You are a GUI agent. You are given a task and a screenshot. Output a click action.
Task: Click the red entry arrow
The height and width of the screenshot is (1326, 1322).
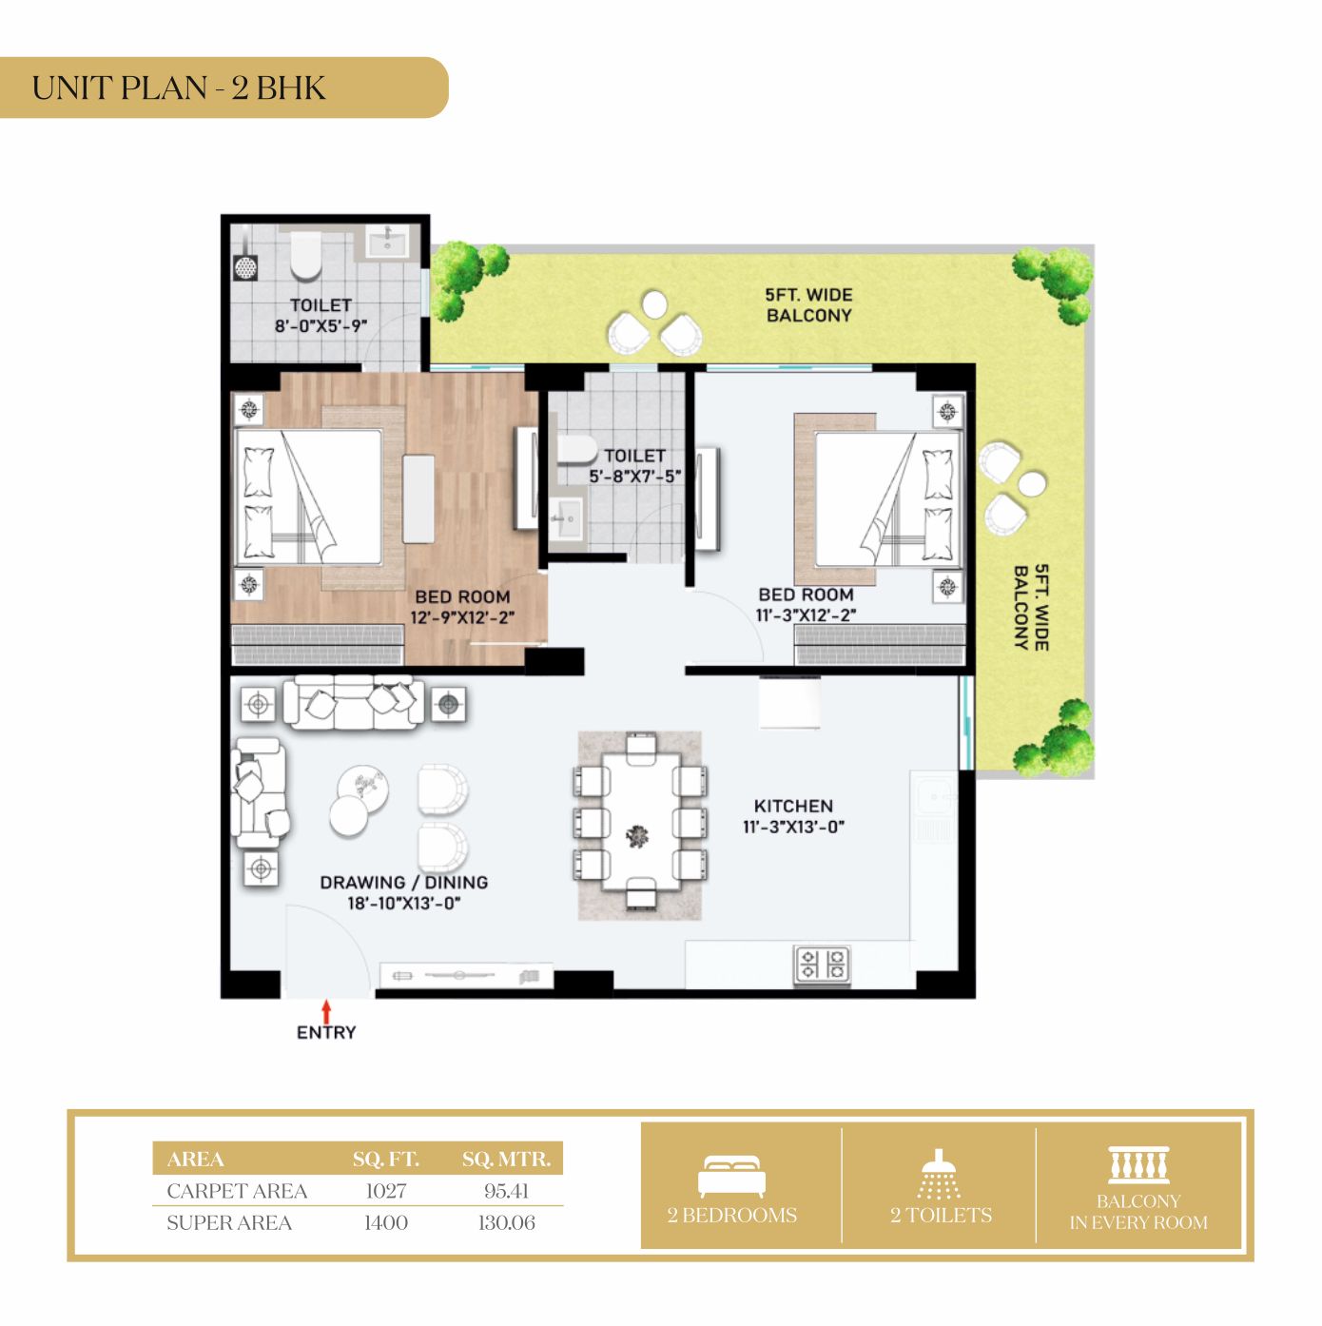point(326,1011)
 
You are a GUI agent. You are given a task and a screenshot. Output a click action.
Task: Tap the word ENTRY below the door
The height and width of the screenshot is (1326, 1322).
point(326,1032)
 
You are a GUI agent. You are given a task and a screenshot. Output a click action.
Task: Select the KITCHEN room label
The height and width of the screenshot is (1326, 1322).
point(793,806)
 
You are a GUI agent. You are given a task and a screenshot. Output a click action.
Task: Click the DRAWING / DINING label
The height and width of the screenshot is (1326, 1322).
point(404,882)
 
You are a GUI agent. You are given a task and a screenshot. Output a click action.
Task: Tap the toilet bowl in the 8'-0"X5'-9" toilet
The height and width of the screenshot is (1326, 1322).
point(306,257)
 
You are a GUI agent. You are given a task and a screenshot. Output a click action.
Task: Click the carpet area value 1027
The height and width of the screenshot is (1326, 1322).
point(386,1191)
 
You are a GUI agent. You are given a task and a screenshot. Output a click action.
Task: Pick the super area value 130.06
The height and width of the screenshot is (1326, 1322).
point(507,1222)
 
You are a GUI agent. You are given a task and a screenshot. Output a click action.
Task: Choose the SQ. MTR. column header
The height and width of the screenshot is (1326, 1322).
point(507,1160)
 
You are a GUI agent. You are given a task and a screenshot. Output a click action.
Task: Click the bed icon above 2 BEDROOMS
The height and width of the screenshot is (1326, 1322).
point(731,1177)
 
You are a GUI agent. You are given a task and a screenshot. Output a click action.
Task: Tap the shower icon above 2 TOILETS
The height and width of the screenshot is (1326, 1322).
point(939,1175)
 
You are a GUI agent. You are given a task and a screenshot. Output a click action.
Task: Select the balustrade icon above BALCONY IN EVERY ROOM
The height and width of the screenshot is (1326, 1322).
point(1138,1164)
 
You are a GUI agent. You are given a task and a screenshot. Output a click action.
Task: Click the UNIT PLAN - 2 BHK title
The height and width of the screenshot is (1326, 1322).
point(179,88)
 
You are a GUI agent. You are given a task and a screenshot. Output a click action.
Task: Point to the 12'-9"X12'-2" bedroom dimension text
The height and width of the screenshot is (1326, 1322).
point(462,617)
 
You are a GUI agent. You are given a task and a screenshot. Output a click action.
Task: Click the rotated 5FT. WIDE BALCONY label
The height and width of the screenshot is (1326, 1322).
point(1031,608)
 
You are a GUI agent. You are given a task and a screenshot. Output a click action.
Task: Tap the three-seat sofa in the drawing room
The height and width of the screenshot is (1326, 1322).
point(354,702)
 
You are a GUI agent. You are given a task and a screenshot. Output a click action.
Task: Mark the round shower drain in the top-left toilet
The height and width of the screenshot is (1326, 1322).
point(245,267)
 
